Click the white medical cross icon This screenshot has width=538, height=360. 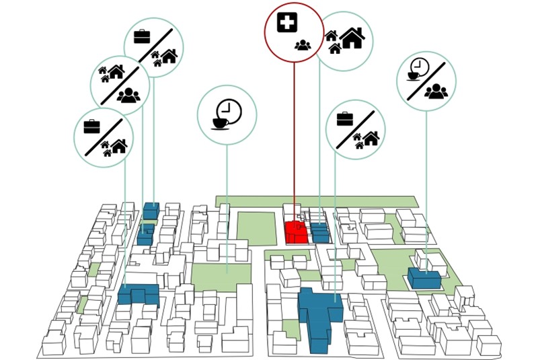click(x=288, y=24)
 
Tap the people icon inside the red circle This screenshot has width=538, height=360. click(x=303, y=45)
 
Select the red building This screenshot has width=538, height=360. click(x=295, y=232)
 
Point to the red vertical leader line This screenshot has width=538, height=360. click(x=294, y=135)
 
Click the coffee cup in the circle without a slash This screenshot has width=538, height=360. click(x=220, y=122)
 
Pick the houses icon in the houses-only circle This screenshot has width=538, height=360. click(x=345, y=40)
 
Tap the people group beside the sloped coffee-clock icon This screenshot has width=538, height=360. click(x=436, y=89)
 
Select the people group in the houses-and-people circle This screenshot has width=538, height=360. click(x=128, y=95)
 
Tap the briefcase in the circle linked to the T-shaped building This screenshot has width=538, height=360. click(x=344, y=119)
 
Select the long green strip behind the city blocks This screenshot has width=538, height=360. click(x=316, y=201)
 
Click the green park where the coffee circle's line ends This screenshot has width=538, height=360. click(x=222, y=276)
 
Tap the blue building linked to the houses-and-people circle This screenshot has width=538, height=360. click(x=145, y=233)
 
